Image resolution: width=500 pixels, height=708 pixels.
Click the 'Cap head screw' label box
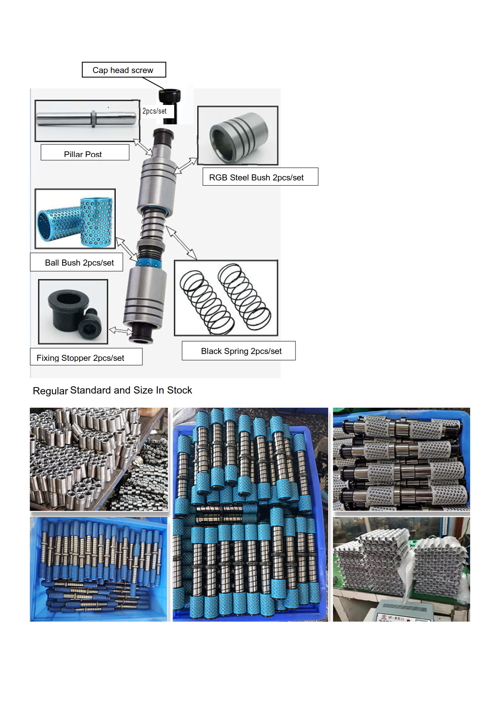tap(123, 70)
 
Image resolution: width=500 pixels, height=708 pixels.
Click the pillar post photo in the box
tap(87, 120)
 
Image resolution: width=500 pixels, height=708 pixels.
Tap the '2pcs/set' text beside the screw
tap(154, 111)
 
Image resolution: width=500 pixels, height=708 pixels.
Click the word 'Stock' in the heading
tap(179, 390)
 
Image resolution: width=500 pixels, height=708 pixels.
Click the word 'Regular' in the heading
tap(50, 391)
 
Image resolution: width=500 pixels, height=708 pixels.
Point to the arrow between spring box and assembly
tap(181, 243)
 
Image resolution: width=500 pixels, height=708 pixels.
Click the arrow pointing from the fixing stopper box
tap(120, 331)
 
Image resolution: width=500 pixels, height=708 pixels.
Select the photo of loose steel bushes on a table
tap(99, 459)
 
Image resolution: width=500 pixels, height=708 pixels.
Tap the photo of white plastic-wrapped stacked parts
tap(401, 569)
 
